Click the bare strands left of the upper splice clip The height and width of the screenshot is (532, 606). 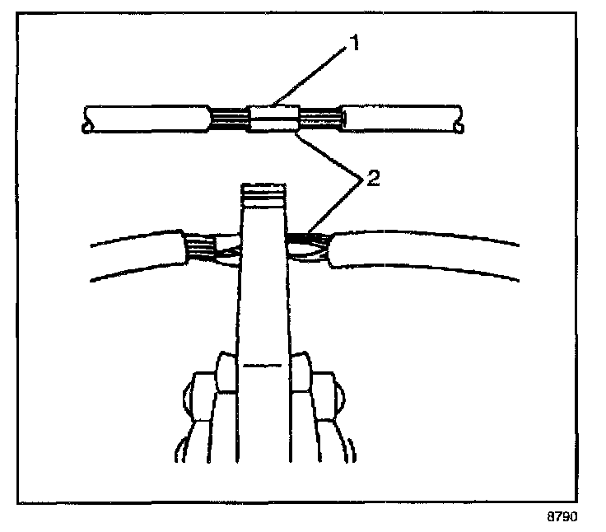click(x=230, y=119)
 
